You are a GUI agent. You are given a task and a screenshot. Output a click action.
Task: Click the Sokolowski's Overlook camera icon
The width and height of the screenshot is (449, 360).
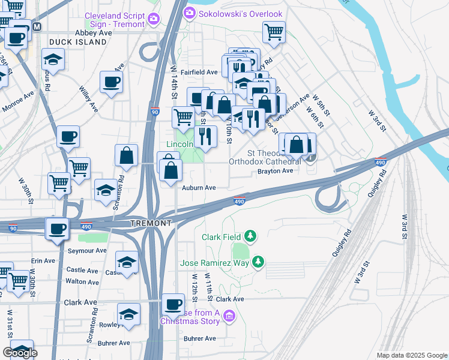point(190,13)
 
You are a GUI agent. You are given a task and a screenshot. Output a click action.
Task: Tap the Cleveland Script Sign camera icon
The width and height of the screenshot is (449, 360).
point(154,19)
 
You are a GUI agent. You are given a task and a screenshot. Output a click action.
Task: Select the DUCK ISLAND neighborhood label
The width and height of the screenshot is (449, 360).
point(78,42)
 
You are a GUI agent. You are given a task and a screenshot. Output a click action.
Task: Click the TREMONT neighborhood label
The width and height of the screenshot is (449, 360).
point(151,223)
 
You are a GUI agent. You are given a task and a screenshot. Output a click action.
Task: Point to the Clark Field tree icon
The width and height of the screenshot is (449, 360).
point(251,237)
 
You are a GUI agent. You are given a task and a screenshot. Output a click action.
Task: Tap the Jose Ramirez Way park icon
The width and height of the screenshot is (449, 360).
point(258,262)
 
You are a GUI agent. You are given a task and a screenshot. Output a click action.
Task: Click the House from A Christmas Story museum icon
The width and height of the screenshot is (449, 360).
point(229,316)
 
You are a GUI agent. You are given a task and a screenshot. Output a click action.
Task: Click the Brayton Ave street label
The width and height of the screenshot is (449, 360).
point(275,171)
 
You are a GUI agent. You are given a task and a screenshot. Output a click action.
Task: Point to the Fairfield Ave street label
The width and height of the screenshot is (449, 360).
point(202,72)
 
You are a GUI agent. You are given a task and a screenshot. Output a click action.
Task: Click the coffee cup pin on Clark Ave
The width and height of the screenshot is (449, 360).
point(173,304)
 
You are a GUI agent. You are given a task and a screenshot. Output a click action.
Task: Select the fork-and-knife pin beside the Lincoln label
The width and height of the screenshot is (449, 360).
point(205,136)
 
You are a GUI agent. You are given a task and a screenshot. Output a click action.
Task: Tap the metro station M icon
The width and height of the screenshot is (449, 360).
point(37,26)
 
